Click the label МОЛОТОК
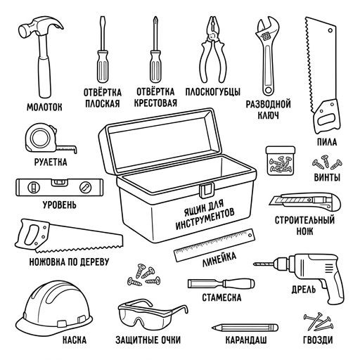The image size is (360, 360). click(44, 107)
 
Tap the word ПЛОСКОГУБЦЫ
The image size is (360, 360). click(213, 91)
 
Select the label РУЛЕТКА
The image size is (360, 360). click(51, 162)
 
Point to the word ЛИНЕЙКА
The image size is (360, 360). click(219, 259)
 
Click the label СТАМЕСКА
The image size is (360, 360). click(221, 297)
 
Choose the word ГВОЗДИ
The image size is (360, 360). click(318, 340)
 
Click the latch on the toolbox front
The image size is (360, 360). click(207, 190)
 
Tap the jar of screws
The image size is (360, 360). click(281, 160)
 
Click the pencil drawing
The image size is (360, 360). click(245, 328)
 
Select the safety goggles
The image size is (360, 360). click(153, 315)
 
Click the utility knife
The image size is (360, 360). click(305, 202)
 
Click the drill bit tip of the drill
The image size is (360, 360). click(255, 264)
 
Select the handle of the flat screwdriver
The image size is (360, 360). click(103, 66)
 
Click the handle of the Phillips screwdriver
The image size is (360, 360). click(155, 66)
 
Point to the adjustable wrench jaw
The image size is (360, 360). click(268, 26)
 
